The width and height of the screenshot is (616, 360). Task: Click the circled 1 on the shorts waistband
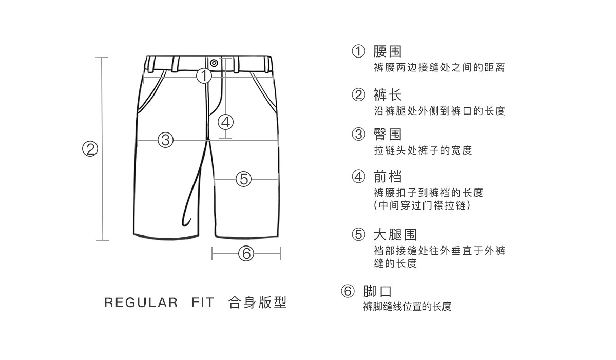(204, 76)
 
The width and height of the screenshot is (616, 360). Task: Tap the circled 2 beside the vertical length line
(90, 149)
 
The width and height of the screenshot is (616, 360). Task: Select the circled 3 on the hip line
(165, 139)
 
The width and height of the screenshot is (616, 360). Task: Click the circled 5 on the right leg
(244, 179)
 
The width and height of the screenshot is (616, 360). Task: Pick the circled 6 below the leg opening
(246, 253)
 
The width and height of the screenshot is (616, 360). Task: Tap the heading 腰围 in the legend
(387, 51)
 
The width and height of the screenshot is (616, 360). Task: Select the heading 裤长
(387, 95)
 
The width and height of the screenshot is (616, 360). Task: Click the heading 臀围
(387, 135)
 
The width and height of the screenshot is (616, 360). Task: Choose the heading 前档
(387, 177)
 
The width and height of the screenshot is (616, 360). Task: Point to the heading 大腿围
(394, 235)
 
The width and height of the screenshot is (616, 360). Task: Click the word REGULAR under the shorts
(141, 303)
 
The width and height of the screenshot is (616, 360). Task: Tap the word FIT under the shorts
(203, 303)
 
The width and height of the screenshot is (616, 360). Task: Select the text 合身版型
(257, 302)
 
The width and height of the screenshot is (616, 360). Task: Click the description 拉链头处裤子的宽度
(422, 150)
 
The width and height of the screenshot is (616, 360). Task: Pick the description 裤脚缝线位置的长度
(407, 307)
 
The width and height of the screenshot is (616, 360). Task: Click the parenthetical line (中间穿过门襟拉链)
(421, 205)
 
